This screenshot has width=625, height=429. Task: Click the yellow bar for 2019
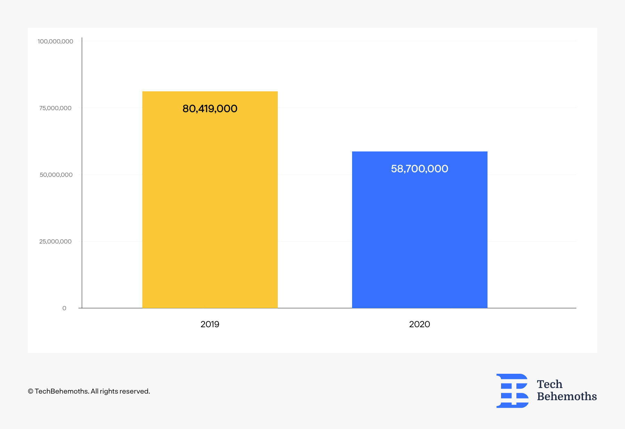coord(210,200)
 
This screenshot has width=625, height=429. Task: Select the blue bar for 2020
coord(420,230)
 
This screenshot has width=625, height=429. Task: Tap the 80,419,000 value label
coord(210,109)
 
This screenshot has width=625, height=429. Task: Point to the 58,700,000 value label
coord(419,169)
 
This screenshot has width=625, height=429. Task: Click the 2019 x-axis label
coord(210,324)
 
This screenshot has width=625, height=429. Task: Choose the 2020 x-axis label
coord(419,324)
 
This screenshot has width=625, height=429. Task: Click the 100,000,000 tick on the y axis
coord(56,41)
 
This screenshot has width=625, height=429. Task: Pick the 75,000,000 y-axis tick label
coord(56,108)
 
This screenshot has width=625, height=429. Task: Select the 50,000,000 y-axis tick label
coord(56,175)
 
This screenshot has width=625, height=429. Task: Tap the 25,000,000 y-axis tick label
coord(56,241)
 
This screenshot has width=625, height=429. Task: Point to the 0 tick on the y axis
coord(64,308)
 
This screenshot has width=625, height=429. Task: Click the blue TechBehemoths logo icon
coord(512,391)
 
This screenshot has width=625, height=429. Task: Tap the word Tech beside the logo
coord(550,384)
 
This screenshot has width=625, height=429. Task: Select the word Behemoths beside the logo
coord(567,396)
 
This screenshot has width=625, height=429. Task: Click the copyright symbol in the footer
coord(31,391)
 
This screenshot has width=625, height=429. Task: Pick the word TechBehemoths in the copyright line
coord(61,391)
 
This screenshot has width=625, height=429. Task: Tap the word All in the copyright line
coord(94,391)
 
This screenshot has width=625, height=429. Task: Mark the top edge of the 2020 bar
coord(420,151)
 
